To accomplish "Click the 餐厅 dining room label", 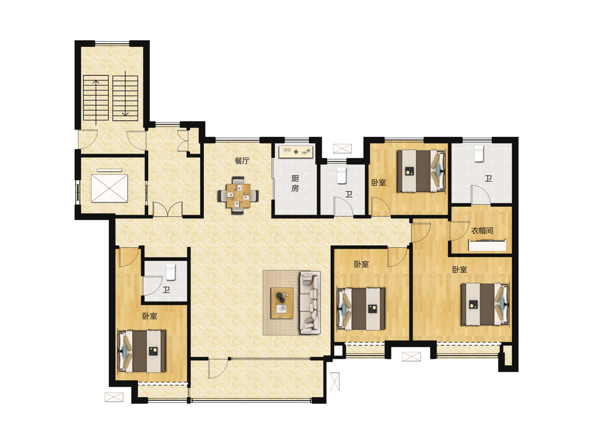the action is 241,161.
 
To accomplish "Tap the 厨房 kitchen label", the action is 295,183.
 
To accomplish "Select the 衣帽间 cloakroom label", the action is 482,231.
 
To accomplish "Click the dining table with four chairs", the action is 238,195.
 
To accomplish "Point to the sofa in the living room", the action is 310,303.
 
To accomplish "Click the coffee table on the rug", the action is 282,303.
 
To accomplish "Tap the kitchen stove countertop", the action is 296,152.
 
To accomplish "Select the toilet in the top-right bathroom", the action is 479,153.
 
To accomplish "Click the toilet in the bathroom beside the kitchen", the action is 341,175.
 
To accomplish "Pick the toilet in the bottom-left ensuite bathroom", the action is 170,272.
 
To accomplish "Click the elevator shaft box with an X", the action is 109,188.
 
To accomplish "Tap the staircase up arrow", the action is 96,102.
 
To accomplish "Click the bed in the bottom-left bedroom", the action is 141,351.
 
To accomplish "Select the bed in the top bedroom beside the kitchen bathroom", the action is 421,171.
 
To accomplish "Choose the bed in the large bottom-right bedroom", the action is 485,304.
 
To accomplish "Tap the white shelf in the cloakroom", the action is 487,245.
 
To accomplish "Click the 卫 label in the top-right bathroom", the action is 488,178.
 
